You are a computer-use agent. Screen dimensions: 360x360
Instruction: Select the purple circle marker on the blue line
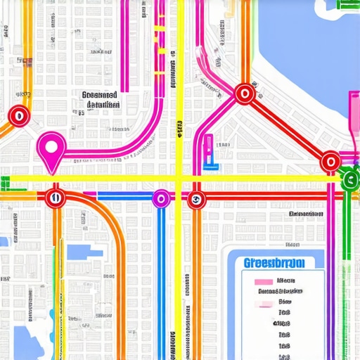click(161, 199)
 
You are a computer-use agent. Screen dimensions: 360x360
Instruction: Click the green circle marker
click(349, 179)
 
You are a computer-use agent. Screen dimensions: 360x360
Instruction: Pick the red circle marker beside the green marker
click(330, 162)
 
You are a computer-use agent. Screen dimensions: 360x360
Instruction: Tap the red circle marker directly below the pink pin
click(54, 198)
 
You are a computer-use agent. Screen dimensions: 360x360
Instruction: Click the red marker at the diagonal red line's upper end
click(244, 93)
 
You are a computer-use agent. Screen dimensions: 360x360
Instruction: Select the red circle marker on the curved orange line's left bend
click(18, 116)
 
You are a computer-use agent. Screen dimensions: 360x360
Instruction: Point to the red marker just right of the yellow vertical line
click(196, 199)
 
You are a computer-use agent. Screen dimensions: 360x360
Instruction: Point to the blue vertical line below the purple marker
click(161, 281)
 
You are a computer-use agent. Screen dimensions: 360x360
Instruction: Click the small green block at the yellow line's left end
click(5, 183)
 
